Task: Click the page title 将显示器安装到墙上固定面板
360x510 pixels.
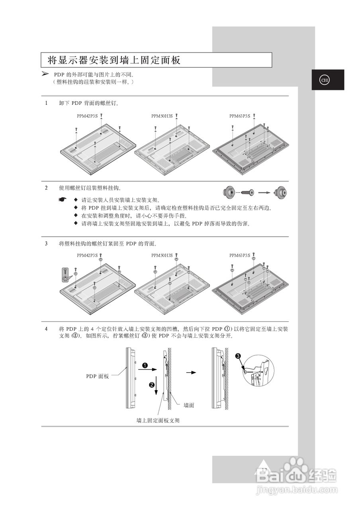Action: [114, 61]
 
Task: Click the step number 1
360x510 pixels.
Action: [46, 103]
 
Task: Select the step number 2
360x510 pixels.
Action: [46, 188]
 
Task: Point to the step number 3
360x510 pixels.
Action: [46, 243]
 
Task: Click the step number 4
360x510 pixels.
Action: [46, 329]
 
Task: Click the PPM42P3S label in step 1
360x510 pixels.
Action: [87, 116]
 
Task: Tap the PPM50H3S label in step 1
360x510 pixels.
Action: [162, 116]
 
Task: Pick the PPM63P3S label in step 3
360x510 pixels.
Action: [240, 255]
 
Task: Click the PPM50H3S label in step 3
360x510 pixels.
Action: [162, 255]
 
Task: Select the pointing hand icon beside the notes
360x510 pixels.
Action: [62, 200]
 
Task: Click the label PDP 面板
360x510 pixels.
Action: [98, 376]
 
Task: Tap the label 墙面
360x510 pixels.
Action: [189, 405]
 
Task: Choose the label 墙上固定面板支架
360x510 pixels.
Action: [158, 420]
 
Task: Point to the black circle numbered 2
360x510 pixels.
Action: [152, 385]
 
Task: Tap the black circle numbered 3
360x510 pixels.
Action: [238, 356]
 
